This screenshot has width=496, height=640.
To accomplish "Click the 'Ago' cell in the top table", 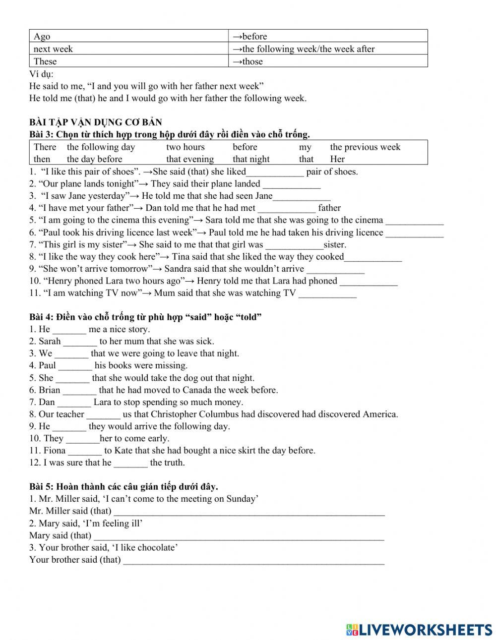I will (42, 36).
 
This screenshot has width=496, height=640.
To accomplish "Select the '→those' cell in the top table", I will (248, 61).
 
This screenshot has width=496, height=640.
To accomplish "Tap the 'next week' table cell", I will (53, 49).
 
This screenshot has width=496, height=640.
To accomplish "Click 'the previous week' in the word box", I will (365, 147).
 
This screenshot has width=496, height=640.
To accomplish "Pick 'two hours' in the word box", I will (185, 147).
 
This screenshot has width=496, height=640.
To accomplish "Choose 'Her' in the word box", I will (337, 159).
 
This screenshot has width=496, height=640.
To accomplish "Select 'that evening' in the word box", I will (190, 159).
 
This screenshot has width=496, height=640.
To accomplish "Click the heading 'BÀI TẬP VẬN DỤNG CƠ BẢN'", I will (96, 122).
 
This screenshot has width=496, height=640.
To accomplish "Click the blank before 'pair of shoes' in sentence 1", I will (275, 172).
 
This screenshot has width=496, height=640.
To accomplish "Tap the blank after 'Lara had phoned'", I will (369, 281).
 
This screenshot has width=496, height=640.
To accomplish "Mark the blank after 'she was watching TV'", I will (327, 293).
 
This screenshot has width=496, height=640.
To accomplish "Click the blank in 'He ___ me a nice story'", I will (69, 330).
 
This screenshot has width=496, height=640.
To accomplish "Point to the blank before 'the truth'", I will (131, 463).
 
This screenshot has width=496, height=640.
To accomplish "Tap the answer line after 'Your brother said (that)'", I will (253, 560).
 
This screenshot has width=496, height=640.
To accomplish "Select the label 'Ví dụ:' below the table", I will (41, 74).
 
